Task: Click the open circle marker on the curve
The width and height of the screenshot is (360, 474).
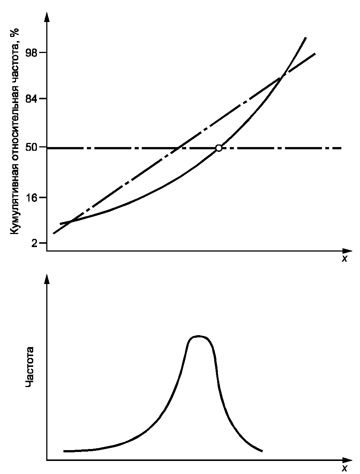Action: (x=219, y=148)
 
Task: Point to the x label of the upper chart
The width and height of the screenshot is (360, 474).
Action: (x=344, y=258)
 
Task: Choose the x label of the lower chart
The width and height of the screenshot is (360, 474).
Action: (x=344, y=468)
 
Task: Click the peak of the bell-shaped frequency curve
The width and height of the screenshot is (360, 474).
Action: (x=200, y=336)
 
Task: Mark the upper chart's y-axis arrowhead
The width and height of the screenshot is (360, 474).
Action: (x=47, y=17)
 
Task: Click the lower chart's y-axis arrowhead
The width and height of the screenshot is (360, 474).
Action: (x=47, y=279)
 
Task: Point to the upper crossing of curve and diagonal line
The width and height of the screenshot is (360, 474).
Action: (x=282, y=76)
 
